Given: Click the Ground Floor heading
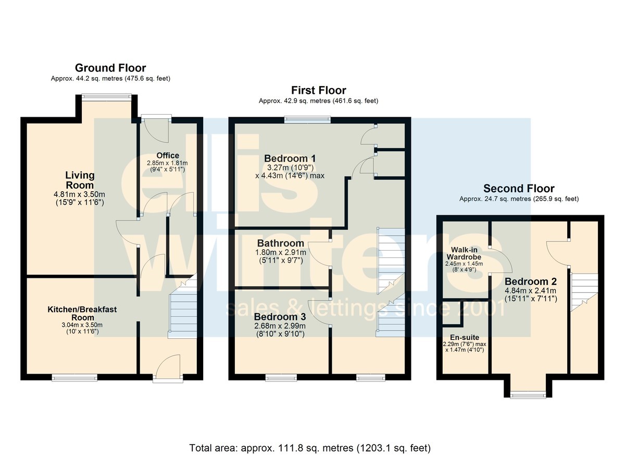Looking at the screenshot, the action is (110, 68).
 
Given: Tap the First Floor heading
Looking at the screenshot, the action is (319, 90).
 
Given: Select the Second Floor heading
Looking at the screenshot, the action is (519, 189).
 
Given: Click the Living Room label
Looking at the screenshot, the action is (80, 180).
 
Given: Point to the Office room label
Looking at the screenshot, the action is (168, 155).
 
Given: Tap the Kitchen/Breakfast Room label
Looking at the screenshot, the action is (82, 313).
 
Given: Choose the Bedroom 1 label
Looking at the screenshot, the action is (290, 158).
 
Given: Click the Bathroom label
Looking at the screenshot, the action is (280, 243).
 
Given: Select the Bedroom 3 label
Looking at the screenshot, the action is (280, 316).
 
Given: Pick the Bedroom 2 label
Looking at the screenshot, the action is (531, 281).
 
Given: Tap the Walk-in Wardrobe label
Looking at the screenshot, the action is (464, 253).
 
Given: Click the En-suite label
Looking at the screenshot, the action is (465, 337).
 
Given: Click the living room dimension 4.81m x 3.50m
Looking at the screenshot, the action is (79, 194).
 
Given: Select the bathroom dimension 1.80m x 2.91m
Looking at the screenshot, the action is (281, 253).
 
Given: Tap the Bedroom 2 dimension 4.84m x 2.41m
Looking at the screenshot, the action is (530, 291).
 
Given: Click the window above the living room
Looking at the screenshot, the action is (106, 96).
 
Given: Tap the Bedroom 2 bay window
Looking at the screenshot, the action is (528, 395).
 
